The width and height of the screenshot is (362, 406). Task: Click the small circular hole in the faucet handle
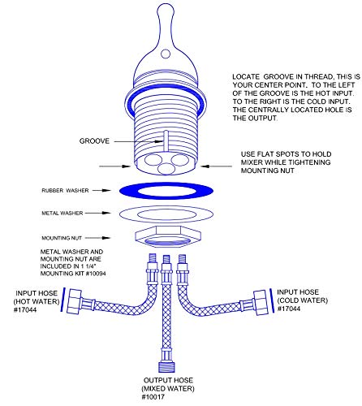(x=166, y=54)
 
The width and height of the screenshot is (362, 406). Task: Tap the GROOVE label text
(x=94, y=141)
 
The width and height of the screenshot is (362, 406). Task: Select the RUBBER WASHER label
(x=65, y=191)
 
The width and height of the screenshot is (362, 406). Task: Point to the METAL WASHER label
(x=62, y=214)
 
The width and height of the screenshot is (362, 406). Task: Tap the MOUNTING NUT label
(x=62, y=238)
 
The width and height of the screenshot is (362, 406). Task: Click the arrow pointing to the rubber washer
(x=101, y=191)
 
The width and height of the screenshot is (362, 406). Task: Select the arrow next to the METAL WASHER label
(x=98, y=214)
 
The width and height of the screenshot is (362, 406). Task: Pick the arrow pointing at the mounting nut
(x=98, y=238)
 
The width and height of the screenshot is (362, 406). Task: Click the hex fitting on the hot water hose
(x=74, y=301)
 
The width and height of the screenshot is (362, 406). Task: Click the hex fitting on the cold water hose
(x=261, y=303)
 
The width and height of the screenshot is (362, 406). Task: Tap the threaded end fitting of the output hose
(x=166, y=368)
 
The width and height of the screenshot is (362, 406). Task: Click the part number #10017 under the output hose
(x=153, y=397)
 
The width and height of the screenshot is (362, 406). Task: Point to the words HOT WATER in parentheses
(x=37, y=301)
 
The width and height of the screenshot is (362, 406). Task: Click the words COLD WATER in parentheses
(x=303, y=300)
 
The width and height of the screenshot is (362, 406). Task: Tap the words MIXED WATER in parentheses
(x=168, y=389)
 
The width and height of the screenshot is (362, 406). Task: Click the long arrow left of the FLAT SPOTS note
(x=216, y=166)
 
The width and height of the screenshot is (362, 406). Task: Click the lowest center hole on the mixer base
(x=166, y=169)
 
